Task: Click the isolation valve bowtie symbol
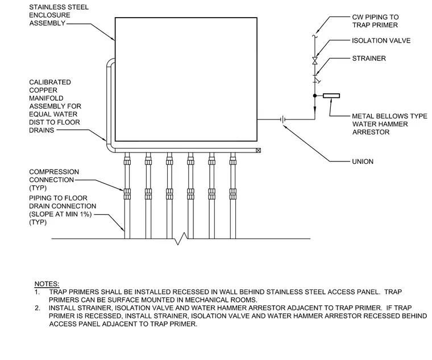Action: click(315, 61)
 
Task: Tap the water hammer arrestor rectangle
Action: click(331, 96)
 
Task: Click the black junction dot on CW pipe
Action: click(315, 96)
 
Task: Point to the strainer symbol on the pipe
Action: click(316, 78)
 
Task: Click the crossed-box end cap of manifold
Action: click(258, 150)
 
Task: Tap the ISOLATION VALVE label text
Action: click(381, 40)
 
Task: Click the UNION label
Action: click(363, 162)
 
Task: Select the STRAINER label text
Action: click(369, 59)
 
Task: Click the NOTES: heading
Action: click(47, 284)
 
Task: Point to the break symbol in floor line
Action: click(181, 238)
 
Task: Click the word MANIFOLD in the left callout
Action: click(46, 98)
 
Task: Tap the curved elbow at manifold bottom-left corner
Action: click(110, 148)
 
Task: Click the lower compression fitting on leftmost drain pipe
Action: click(127, 194)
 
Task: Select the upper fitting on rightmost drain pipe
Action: click(233, 160)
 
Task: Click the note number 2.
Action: click(38, 308)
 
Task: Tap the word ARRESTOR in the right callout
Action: click(371, 132)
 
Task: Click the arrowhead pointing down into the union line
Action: click(315, 109)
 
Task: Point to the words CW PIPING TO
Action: click(375, 17)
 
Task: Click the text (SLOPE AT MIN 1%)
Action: click(60, 214)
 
